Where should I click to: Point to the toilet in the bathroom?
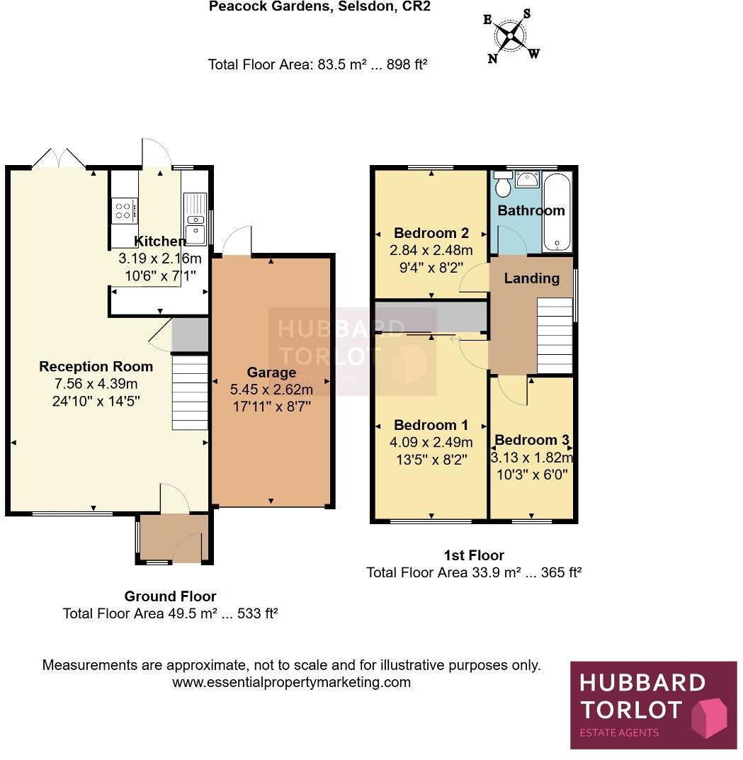tap(504, 186)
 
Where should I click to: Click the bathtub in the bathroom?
tap(557, 212)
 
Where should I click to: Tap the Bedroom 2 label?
tap(431, 233)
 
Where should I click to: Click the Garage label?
tap(271, 373)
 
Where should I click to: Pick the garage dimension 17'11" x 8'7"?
tap(271, 407)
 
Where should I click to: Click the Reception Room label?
tap(96, 366)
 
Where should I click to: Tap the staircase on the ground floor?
tap(191, 392)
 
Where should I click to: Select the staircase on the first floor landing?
tap(555, 334)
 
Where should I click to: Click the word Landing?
tap(531, 278)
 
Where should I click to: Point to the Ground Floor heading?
tap(170, 596)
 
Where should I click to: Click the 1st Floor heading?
tap(473, 555)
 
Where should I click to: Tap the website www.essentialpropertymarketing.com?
tap(291, 683)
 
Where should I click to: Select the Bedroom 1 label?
tap(431, 425)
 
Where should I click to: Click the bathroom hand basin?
tap(526, 179)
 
